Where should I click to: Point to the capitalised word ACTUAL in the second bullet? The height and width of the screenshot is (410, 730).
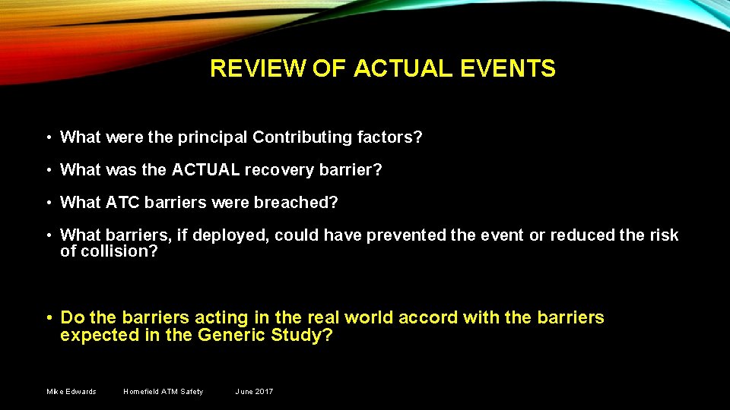[x=205, y=170]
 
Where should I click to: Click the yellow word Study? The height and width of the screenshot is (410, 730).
[x=302, y=335]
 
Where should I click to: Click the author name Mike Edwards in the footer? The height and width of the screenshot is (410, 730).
[x=71, y=392]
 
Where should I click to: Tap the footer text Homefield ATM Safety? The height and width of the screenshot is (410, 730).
[x=163, y=392]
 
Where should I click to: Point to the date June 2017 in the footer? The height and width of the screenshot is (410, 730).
[x=254, y=392]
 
